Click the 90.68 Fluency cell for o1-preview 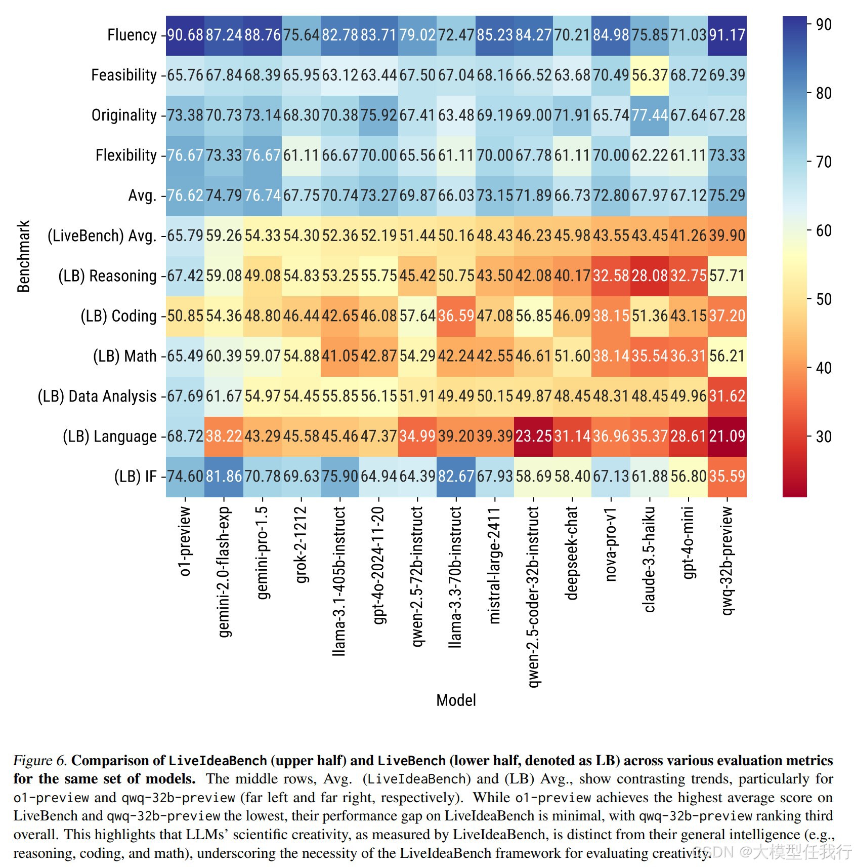click(185, 35)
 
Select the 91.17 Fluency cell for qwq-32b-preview click(727, 35)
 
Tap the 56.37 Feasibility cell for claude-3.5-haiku click(650, 75)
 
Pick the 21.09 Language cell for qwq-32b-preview click(727, 436)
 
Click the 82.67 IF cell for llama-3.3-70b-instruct click(456, 477)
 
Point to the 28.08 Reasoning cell click(650, 276)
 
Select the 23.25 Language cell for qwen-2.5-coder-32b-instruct click(533, 436)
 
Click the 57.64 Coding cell click(417, 316)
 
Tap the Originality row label click(124, 115)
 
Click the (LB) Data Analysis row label click(97, 396)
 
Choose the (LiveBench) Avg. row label click(102, 236)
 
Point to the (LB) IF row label click(136, 477)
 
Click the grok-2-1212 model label click(301, 545)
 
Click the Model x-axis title click(456, 700)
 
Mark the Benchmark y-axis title click(24, 256)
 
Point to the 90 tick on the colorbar click(824, 25)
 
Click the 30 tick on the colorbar click(824, 437)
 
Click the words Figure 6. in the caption click(40, 761)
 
